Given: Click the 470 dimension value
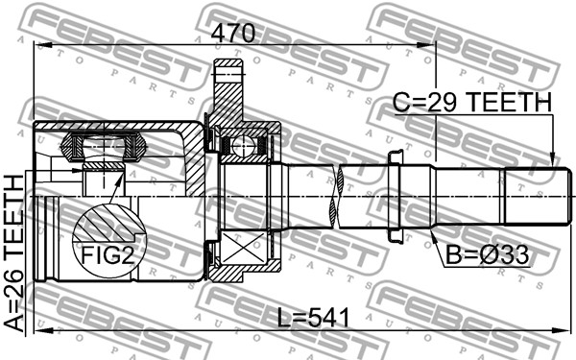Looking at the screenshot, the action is pos(233,33).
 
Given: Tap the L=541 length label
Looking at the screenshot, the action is pos(313,318).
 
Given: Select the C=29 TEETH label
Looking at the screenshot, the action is pos(472,102).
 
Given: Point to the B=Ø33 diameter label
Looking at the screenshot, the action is pos(487,255).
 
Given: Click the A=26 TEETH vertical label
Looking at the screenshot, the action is pos(14,253).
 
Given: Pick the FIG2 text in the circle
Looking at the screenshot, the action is pos(107,255).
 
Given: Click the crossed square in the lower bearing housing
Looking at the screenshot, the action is pos(244,248).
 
